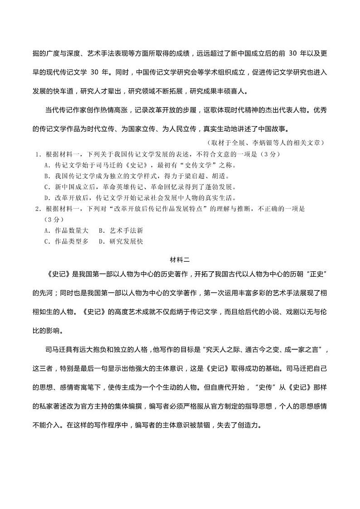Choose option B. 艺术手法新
pyautogui.click(x=121, y=230)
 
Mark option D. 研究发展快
pyautogui.click(x=121, y=241)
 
